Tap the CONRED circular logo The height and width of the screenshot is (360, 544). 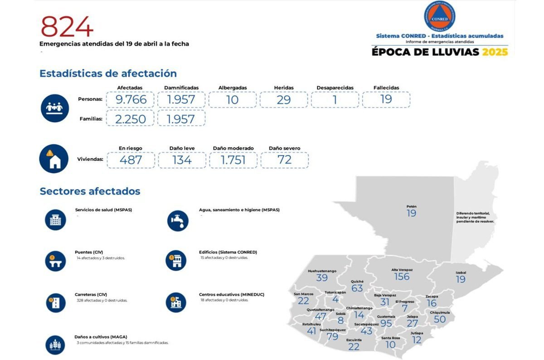point(439,16)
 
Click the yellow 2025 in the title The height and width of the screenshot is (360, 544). point(495,52)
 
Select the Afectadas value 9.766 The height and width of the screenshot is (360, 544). point(131,100)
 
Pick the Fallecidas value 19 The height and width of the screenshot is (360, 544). point(386,99)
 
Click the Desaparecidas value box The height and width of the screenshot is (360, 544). point(335,100)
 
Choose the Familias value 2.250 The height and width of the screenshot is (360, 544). point(131,119)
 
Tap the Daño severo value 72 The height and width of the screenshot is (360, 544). point(285,160)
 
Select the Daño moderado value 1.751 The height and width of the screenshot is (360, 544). point(233,160)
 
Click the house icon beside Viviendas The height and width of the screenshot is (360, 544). point(54,159)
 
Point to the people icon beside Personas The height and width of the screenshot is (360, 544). point(54,108)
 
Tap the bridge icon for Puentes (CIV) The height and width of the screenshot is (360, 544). point(55,261)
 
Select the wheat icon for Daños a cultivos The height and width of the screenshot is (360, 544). point(55,345)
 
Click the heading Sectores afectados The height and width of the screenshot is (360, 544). point(90,191)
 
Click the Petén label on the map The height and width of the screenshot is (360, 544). point(412,207)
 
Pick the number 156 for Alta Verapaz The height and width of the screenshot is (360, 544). point(402,277)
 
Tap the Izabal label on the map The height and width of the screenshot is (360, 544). point(461,272)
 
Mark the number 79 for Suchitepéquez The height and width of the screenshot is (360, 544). point(332,336)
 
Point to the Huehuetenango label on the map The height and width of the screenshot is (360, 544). point(322,271)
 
